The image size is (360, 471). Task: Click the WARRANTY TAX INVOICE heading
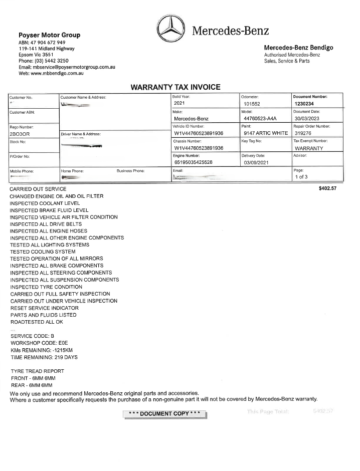pyautogui.click(x=175, y=87)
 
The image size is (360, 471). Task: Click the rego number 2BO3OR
pyautogui.click(x=21, y=134)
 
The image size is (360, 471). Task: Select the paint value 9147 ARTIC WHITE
pyautogui.click(x=266, y=133)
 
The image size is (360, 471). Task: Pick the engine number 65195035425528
pyautogui.click(x=194, y=162)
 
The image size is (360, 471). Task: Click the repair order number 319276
pyautogui.click(x=304, y=133)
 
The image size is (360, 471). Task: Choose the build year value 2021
pyautogui.click(x=179, y=103)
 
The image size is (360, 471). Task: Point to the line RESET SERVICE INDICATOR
pyautogui.click(x=44, y=308)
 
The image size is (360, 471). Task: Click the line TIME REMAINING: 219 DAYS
pyautogui.click(x=44, y=357)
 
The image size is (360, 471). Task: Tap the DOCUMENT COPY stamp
pyautogui.click(x=164, y=413)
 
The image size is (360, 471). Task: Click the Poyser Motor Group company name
pyautogui.click(x=49, y=35)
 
